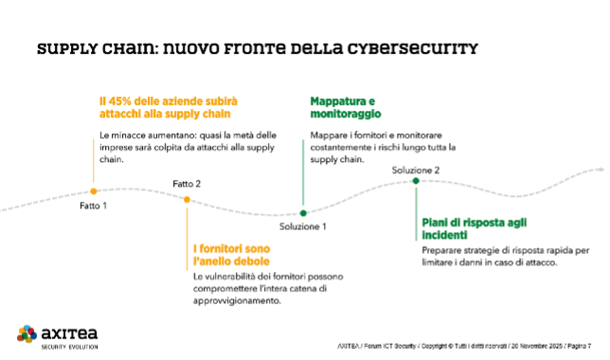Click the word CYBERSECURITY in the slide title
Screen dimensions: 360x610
click(418, 47)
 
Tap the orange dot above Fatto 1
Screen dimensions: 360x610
click(93, 191)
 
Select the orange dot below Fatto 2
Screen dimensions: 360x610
click(187, 199)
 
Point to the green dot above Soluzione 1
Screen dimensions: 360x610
click(303, 213)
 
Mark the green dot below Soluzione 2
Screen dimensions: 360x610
click(416, 181)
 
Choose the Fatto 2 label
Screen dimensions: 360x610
click(187, 183)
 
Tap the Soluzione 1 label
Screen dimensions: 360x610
click(303, 227)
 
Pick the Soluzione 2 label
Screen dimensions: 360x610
click(416, 170)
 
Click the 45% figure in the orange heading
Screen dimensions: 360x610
click(117, 99)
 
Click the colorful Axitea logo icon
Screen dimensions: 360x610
click(27, 333)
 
